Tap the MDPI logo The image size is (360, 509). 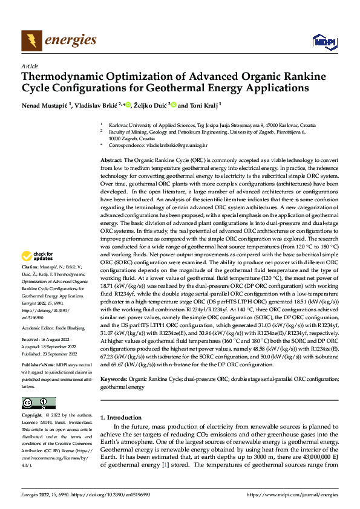click(324, 41)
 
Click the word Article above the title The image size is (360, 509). click(30, 65)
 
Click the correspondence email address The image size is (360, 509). click(175, 146)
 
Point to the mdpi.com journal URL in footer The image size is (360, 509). click(293, 495)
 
